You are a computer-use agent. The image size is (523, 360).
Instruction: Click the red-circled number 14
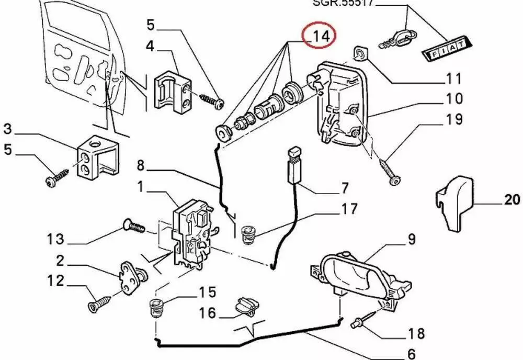(320, 36)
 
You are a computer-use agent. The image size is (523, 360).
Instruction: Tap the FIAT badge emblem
(445, 50)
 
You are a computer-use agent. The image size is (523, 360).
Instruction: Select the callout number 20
(513, 199)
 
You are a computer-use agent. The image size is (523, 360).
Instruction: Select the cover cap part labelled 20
(454, 201)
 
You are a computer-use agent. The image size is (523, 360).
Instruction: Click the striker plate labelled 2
(130, 274)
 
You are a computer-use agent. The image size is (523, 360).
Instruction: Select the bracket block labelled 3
(97, 157)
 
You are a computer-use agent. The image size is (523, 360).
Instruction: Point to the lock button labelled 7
(296, 165)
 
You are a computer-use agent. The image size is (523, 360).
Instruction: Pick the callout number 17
(350, 209)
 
